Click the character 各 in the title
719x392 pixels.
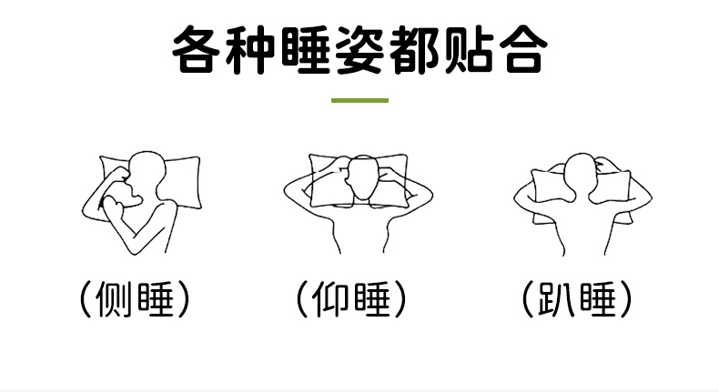[x=195, y=49]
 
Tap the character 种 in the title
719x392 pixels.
[x=250, y=49]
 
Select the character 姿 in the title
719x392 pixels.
[x=360, y=49]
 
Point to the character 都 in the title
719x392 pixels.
[x=413, y=49]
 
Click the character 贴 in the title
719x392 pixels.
[x=468, y=49]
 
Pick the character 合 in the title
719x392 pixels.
[x=523, y=49]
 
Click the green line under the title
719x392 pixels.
[x=360, y=100]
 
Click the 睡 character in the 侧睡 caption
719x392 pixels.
[x=156, y=299]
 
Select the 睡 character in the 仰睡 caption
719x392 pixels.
[x=372, y=299]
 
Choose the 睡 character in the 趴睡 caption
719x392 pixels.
[x=597, y=299]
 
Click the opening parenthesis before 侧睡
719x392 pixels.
[x=85, y=299]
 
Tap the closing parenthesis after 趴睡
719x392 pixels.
[x=626, y=299]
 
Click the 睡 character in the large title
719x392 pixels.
[x=306, y=49]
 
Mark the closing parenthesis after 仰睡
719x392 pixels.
[x=400, y=299]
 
